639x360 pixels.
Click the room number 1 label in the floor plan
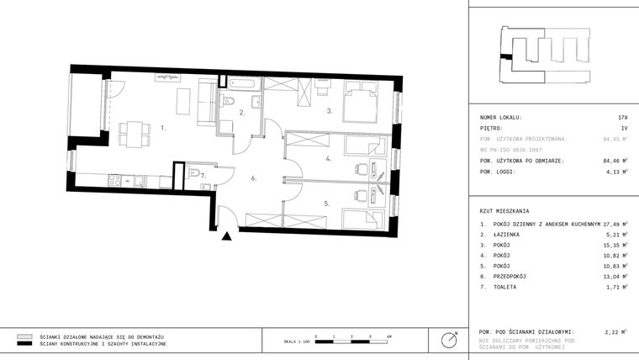(x=163, y=129)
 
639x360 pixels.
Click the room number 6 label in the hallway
(x=252, y=178)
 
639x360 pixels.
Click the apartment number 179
(x=622, y=118)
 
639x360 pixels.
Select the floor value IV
(x=624, y=128)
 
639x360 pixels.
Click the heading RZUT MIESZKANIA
(x=506, y=210)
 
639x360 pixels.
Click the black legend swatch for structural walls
(x=24, y=344)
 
